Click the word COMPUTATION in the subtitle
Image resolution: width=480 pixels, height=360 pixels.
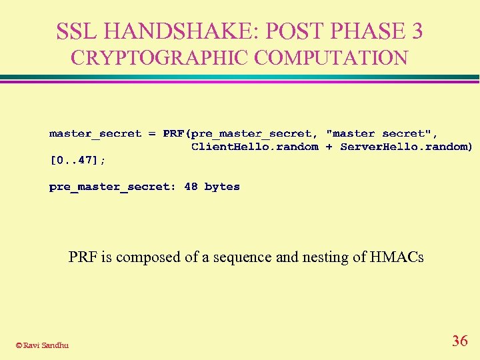[x=331, y=58]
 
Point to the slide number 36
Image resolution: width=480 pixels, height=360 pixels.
[x=459, y=341]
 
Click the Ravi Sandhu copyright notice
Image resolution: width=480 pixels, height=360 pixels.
[x=42, y=345]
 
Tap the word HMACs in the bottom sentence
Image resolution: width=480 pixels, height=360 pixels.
[x=399, y=257]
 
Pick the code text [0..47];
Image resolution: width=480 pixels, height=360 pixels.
[x=77, y=160]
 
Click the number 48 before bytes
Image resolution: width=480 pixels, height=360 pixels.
[x=191, y=187]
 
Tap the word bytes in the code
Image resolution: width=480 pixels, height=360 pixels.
[x=222, y=187]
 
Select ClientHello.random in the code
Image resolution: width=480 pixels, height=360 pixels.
[x=255, y=147]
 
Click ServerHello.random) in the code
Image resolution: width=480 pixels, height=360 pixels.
[x=406, y=147]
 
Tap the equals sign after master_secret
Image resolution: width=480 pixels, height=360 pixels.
[x=152, y=134]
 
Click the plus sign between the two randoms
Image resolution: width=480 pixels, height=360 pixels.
[x=329, y=147]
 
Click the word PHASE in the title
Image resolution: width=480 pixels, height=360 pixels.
[x=371, y=31]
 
